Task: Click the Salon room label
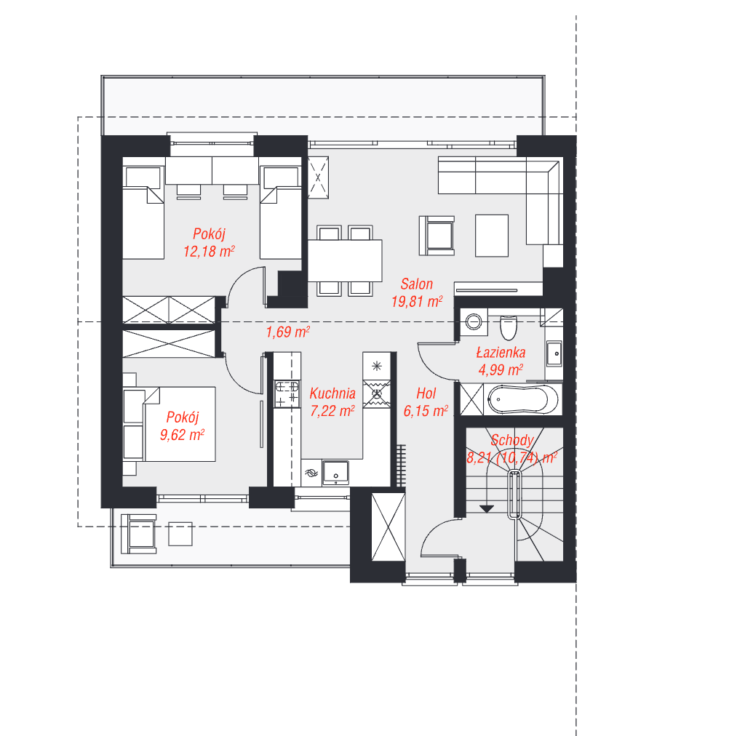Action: pos(417,284)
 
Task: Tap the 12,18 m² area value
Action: pos(209,251)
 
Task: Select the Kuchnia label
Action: pos(332,393)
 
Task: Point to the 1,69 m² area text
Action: pos(288,332)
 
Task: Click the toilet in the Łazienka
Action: pos(509,328)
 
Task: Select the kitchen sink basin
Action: pos(336,473)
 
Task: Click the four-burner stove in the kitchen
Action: pos(287,393)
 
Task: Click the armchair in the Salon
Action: pos(437,236)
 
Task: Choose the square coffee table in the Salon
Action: pos(492,236)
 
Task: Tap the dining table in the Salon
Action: pos(345,260)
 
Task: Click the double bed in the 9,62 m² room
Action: pos(180,424)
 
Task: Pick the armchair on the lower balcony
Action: pos(139,534)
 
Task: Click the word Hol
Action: pos(426,393)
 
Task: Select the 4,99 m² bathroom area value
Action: pos(501,370)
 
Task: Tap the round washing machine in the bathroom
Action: pos(473,321)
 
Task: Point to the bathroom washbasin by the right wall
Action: pos(554,353)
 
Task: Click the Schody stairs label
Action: pos(512,440)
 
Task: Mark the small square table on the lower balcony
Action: pos(180,535)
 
